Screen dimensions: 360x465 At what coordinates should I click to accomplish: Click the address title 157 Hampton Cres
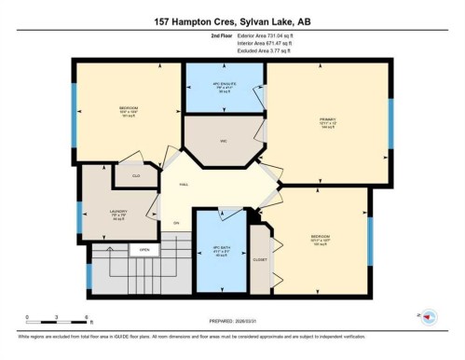(232, 20)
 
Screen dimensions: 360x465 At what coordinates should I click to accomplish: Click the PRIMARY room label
(328, 119)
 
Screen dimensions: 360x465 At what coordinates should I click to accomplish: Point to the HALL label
(185, 185)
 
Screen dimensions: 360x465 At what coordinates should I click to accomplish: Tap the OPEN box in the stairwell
(144, 250)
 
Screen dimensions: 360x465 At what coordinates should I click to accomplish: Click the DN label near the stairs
(175, 224)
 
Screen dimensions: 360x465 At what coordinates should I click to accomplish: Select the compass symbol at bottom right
(430, 316)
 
